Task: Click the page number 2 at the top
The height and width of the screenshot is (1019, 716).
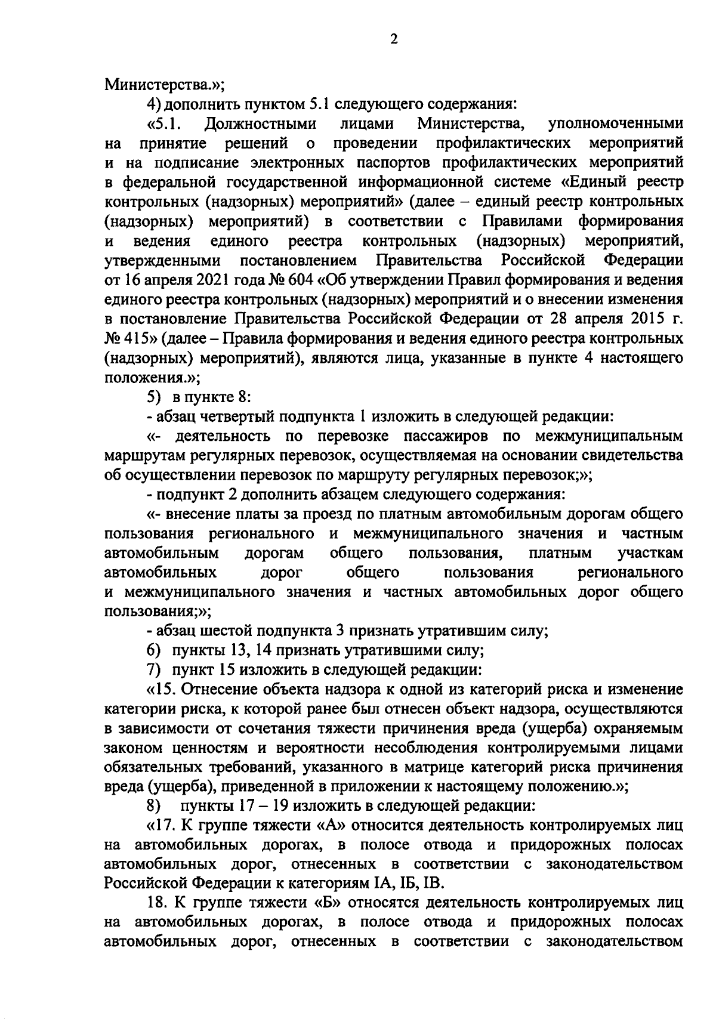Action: tap(393, 39)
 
